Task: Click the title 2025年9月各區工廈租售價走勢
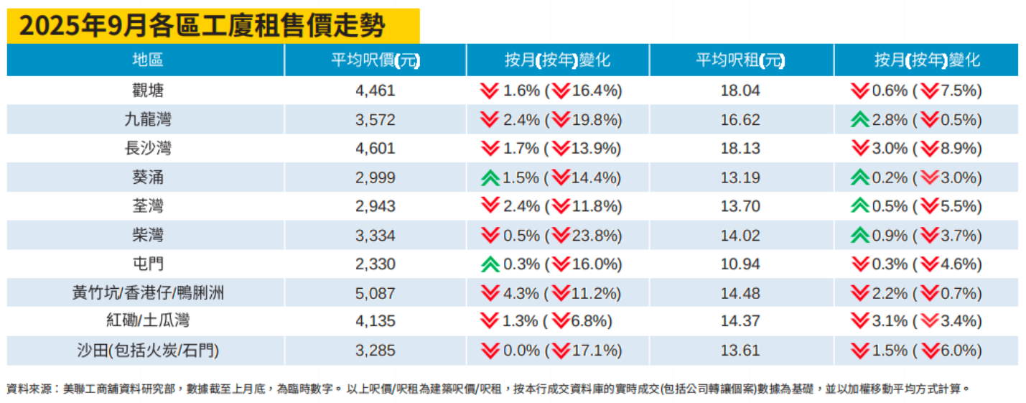[x=202, y=27]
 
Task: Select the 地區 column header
[x=147, y=60]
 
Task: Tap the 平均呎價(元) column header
[x=375, y=60]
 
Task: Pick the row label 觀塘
[x=147, y=91]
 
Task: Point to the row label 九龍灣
[x=147, y=119]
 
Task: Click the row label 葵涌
[x=147, y=177]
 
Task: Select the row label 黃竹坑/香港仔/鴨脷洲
[x=147, y=293]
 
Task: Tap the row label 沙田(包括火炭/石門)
[x=147, y=351]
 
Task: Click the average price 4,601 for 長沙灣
[x=375, y=149]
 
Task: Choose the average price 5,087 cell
[x=375, y=293]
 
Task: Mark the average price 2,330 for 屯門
[x=375, y=264]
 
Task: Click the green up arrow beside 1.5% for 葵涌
[x=490, y=177]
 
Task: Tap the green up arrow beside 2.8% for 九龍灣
[x=859, y=119]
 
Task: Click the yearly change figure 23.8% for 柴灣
[x=597, y=236]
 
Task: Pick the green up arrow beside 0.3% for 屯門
[x=490, y=264]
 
